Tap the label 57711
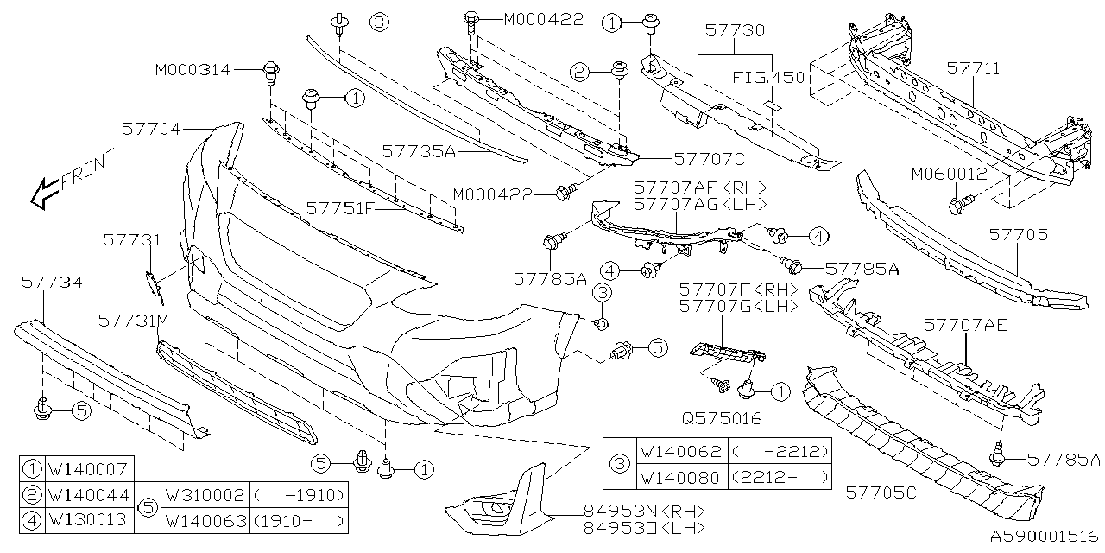point(973,67)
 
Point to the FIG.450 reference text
point(769,78)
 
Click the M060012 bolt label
point(948,174)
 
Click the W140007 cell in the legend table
point(87,470)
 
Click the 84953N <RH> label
point(631,510)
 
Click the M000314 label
point(193,69)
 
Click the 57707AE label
point(963,325)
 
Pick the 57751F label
point(340,208)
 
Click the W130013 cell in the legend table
point(87,520)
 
